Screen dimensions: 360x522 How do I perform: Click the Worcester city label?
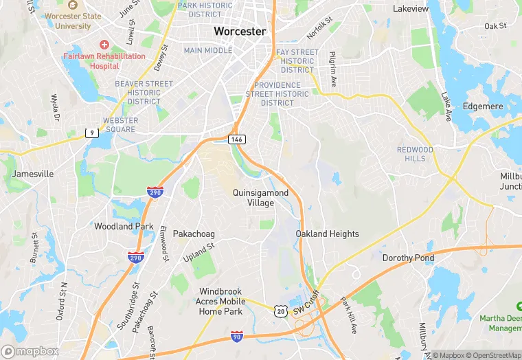pos(240,31)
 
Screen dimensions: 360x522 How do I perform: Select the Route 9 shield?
pos(91,133)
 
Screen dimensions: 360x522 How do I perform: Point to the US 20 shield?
pos(281,311)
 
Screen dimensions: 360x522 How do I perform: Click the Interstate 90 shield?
pos(237,336)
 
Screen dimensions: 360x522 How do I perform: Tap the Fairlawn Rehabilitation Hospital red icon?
pos(104,44)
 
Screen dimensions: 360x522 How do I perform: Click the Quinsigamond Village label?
pos(260,198)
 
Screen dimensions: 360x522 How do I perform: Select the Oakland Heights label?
pos(327,234)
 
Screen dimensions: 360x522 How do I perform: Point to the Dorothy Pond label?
pos(408,258)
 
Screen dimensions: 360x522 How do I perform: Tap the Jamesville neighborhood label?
pos(32,175)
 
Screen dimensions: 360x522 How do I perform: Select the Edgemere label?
pos(482,106)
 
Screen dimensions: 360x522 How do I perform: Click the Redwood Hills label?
pos(415,154)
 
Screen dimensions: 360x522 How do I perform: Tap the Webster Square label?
pos(120,125)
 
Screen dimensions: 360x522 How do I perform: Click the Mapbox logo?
pos(30,352)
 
